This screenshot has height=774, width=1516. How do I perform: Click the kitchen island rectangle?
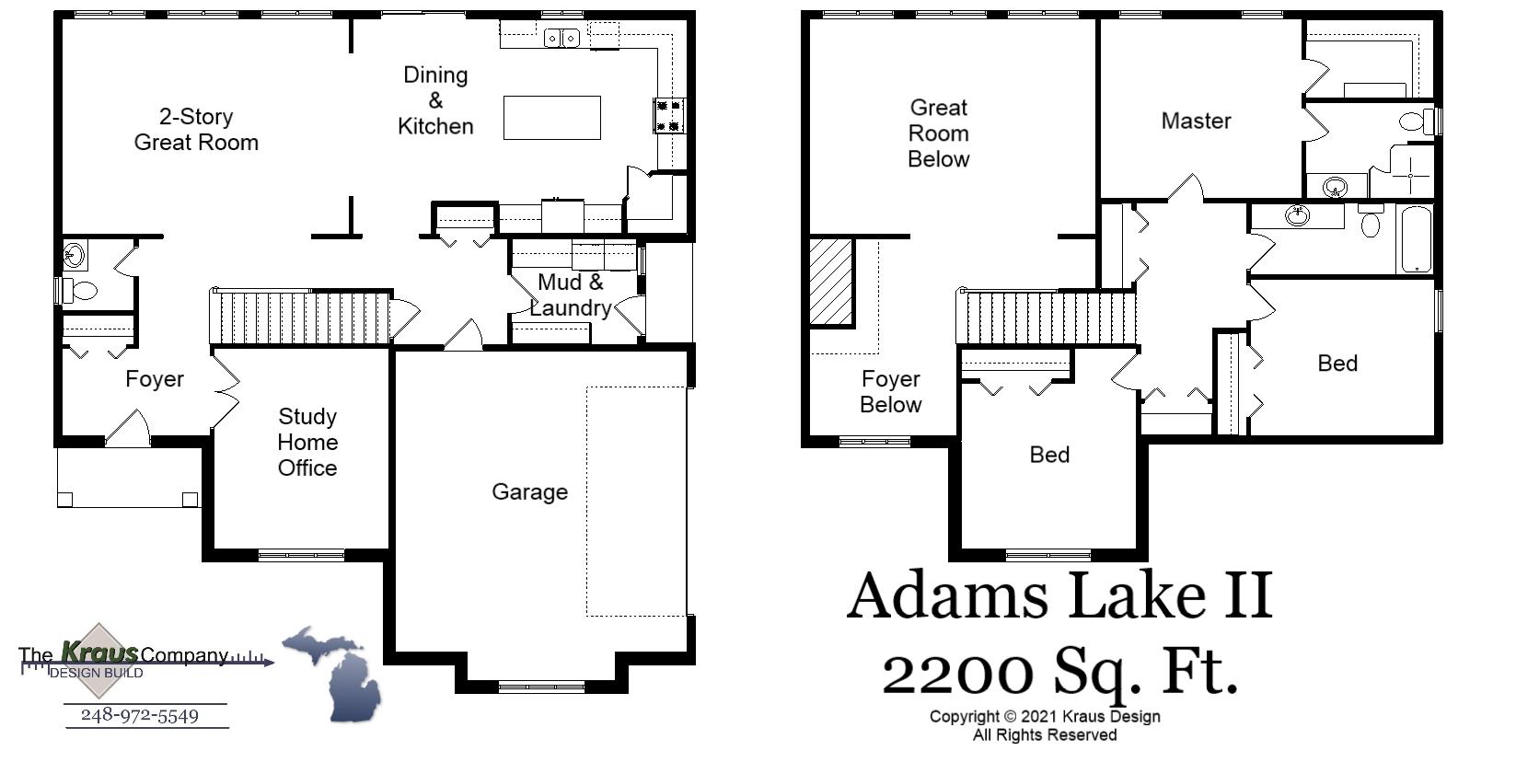(551, 118)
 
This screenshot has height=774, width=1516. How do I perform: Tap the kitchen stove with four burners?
(667, 115)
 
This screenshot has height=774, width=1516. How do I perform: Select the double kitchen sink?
(561, 38)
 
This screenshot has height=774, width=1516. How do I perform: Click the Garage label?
(529, 491)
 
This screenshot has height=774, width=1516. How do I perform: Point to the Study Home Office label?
(307, 443)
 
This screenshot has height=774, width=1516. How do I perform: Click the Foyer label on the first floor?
(155, 379)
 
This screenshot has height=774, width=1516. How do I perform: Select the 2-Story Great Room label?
(196, 130)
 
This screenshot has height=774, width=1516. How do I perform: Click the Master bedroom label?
(1196, 121)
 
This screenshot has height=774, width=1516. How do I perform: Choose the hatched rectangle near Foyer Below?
(831, 281)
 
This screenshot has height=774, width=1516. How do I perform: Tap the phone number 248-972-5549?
(140, 715)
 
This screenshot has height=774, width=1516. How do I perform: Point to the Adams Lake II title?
(1059, 595)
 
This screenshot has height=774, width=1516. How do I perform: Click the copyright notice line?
(1044, 716)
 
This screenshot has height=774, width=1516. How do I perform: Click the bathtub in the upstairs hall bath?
(1417, 239)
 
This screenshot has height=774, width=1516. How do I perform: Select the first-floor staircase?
(301, 318)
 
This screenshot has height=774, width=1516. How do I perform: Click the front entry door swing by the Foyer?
(128, 428)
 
